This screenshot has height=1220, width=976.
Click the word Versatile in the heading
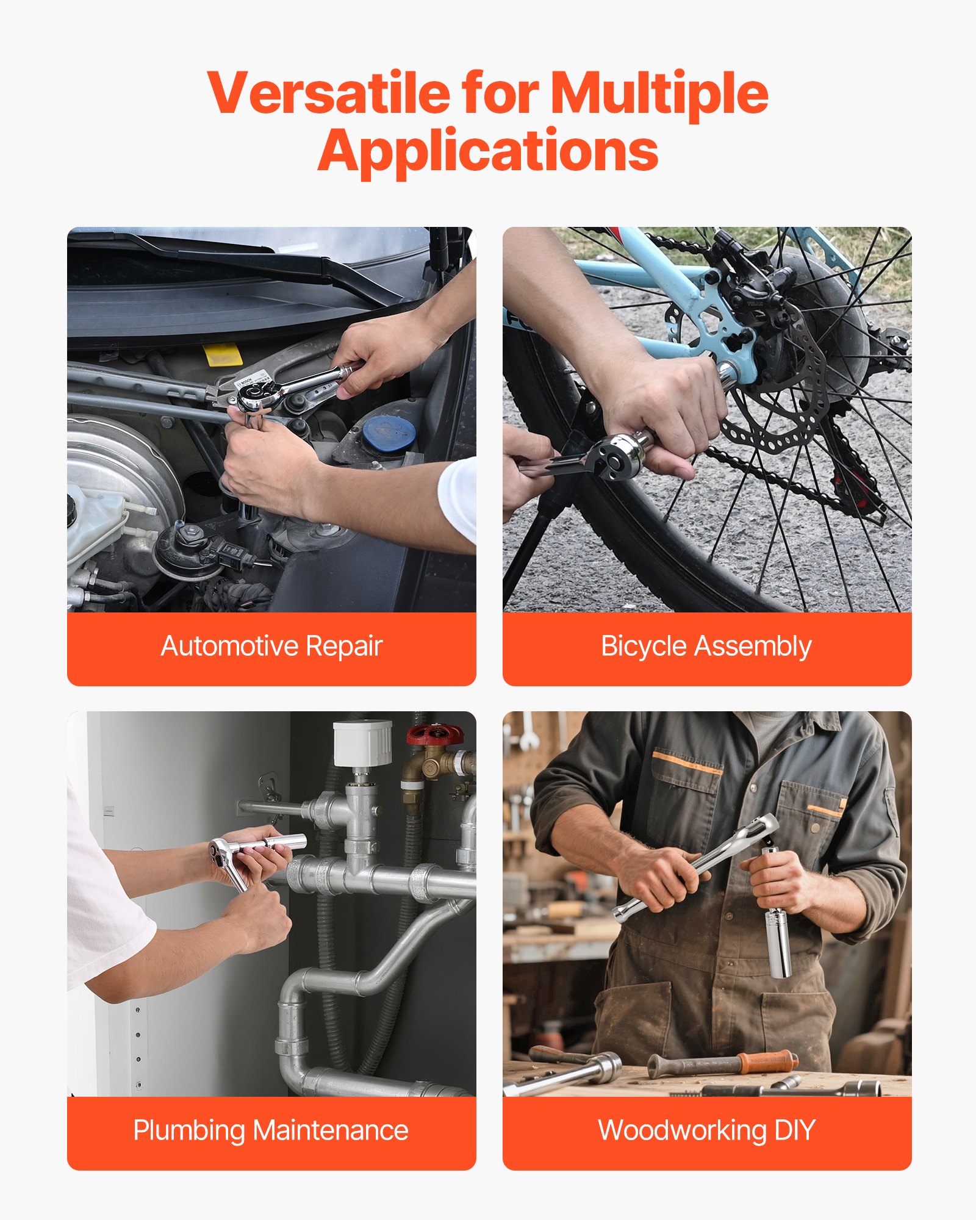328,93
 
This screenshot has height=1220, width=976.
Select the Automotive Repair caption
271,646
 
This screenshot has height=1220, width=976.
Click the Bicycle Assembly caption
706,646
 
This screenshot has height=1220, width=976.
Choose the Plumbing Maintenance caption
271,1130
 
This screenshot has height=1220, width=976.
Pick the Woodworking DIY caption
706,1130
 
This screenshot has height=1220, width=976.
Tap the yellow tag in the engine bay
223,354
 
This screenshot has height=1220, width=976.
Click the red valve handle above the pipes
435,733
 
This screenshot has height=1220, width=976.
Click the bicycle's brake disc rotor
787,390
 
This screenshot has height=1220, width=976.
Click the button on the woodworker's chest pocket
816,828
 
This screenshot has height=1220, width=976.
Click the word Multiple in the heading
659,93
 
